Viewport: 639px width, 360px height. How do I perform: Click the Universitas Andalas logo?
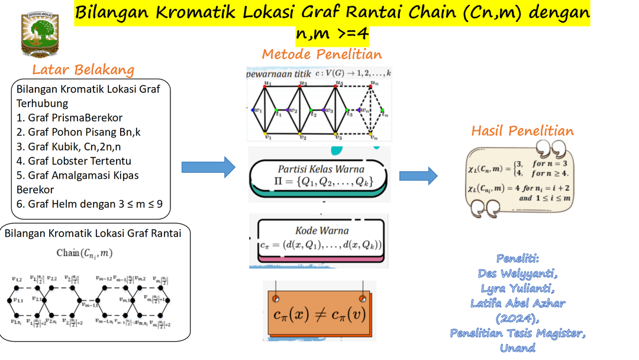[40, 32]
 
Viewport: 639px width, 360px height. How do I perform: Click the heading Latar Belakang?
[83, 70]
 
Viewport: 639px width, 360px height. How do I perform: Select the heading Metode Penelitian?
[322, 54]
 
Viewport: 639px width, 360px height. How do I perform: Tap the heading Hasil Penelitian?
[522, 131]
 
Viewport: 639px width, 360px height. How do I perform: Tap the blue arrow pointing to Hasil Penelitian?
[418, 176]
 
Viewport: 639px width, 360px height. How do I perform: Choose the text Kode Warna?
[322, 230]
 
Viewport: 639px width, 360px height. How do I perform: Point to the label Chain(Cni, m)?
[84, 253]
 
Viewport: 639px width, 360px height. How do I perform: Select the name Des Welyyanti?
[518, 274]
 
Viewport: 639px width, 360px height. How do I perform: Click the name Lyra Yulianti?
[518, 288]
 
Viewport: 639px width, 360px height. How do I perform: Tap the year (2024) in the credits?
[518, 318]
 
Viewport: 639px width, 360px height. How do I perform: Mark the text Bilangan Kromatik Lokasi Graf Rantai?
[93, 233]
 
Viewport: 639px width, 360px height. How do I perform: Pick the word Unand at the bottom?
[518, 348]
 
